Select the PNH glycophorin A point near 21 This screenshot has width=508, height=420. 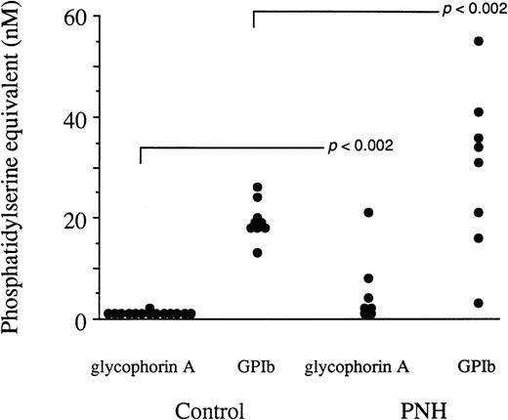point(367,212)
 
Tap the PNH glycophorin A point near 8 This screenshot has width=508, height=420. point(367,278)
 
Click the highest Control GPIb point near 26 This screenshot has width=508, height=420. point(258,187)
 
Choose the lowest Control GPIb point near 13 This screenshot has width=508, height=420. point(258,252)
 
